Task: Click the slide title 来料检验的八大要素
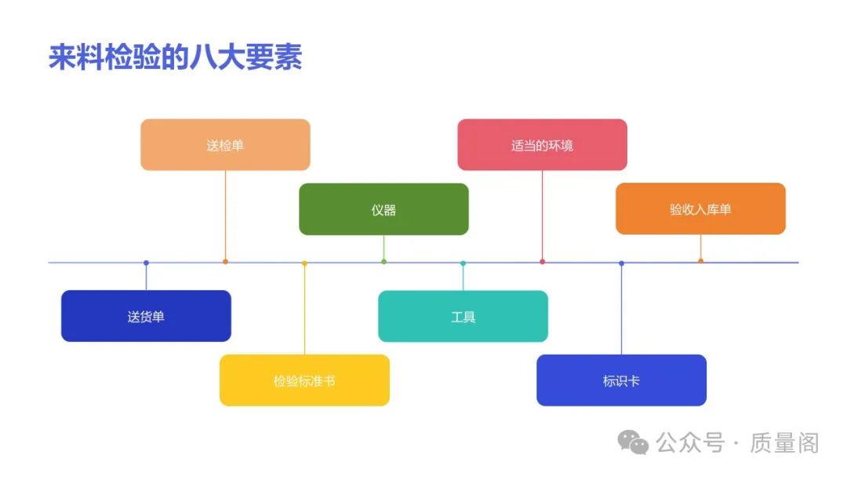point(176,58)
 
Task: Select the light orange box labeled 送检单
point(225,144)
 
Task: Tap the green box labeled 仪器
point(384,209)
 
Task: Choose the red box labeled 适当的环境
point(542,144)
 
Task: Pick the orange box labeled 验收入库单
point(700,209)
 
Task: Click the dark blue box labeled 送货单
point(146,316)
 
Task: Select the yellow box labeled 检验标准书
point(304,381)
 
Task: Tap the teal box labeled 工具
point(463,316)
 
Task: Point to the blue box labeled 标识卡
point(621,381)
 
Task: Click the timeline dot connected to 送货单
point(146,263)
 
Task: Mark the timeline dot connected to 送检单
point(225,261)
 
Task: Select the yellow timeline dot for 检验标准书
point(304,263)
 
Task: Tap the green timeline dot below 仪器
point(384,261)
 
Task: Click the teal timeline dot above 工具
point(463,263)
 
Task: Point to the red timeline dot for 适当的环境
point(542,261)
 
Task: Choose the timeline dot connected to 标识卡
point(621,263)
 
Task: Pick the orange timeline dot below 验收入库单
point(700,261)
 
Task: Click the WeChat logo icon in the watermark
point(633,442)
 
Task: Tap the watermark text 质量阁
point(783,443)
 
